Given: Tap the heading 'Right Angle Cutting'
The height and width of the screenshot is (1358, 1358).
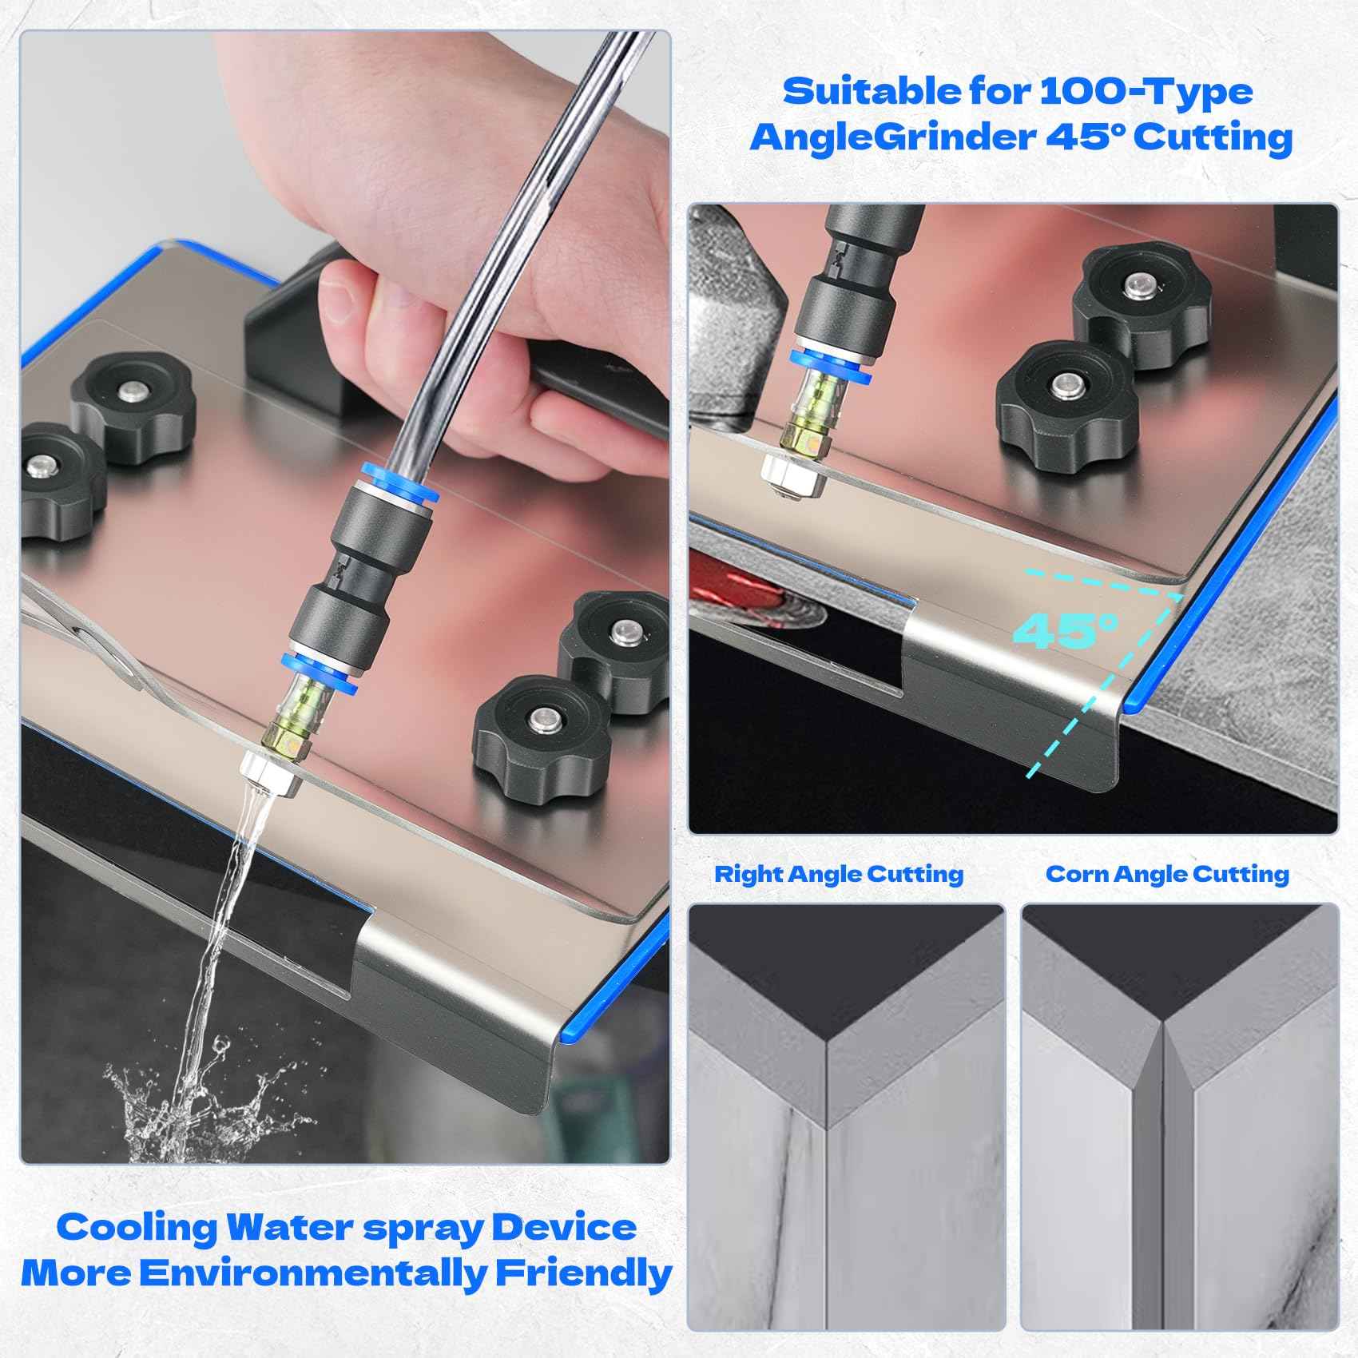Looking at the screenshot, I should (838, 874).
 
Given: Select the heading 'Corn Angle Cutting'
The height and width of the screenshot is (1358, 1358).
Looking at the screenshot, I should (1167, 874).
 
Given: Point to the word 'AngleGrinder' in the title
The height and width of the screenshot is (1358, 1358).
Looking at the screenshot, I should (891, 138).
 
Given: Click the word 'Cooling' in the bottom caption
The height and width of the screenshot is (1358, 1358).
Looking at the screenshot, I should (136, 1227).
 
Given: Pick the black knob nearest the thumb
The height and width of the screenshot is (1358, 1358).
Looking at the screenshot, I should (132, 399).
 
